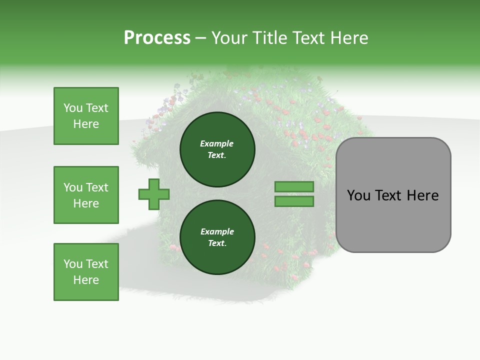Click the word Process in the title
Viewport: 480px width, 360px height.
157,38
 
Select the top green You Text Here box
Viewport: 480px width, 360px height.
86,116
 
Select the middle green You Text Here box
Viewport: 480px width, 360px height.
86,195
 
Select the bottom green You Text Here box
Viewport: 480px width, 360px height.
86,272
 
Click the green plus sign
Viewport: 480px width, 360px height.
154,194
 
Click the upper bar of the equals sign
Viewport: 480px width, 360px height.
294,187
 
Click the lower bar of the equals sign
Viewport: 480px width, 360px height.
294,201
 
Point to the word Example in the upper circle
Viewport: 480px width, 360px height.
216,143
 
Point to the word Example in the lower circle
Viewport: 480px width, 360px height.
217,231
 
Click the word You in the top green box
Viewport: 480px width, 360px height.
73,108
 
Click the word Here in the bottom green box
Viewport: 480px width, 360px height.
86,280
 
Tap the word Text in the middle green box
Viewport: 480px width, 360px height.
97,187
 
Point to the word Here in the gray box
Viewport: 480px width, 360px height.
423,195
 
